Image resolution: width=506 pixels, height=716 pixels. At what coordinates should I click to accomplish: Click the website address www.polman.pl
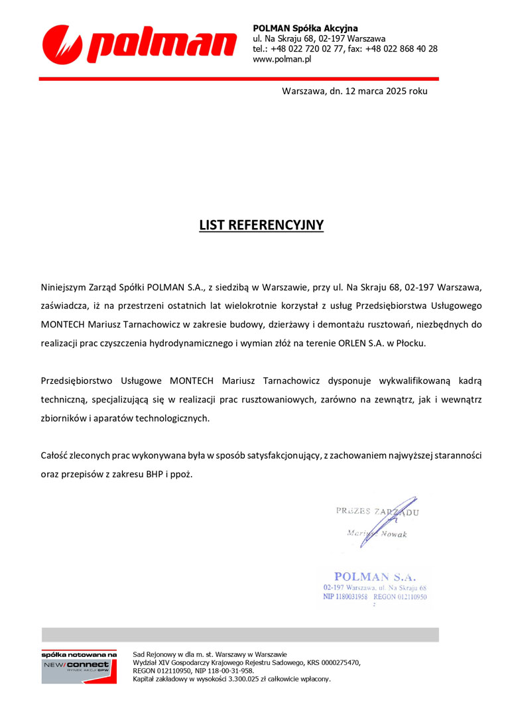click(282, 59)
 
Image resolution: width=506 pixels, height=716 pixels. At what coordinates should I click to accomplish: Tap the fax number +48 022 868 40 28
click(401, 48)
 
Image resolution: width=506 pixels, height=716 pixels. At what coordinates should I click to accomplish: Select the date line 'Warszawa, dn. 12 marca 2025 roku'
click(355, 91)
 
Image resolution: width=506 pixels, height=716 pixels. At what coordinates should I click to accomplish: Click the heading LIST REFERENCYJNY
click(261, 225)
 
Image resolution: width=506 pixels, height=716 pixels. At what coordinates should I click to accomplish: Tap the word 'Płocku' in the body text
click(411, 344)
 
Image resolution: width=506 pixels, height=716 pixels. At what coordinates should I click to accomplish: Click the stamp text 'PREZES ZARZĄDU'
click(377, 511)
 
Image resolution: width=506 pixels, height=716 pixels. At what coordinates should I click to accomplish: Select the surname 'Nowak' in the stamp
click(394, 534)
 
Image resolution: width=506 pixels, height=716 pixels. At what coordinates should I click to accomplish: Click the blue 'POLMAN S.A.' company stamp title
click(375, 577)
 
